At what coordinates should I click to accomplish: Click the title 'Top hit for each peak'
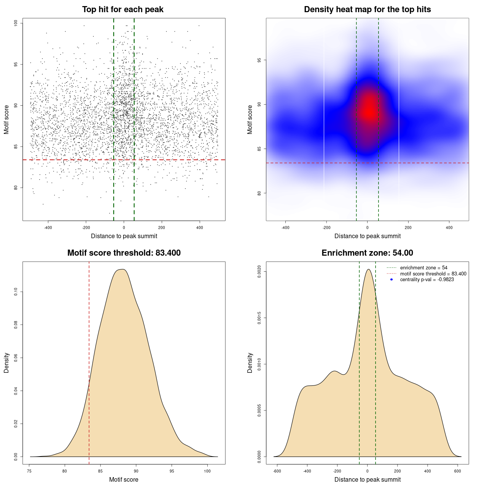tap(123, 10)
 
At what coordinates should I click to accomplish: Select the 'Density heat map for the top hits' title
tap(367, 10)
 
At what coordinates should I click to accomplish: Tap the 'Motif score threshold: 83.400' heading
tap(124, 253)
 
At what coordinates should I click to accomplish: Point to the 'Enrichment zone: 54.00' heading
tap(367, 253)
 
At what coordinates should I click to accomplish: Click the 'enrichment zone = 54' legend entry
tap(423, 268)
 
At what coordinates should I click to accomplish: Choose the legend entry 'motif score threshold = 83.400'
tap(433, 274)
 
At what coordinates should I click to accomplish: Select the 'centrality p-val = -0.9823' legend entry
tap(427, 280)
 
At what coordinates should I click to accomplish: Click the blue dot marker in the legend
tap(392, 280)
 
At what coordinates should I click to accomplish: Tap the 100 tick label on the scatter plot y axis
tap(16, 23)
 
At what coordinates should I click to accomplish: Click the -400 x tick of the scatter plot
tap(48, 228)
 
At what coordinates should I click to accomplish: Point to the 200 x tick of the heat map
tap(408, 228)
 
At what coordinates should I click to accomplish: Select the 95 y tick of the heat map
tap(259, 60)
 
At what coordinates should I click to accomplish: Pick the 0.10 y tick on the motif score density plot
tap(16, 292)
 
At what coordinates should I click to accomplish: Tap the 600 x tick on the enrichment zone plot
tap(458, 471)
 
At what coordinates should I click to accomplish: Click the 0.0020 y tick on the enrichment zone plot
tap(259, 271)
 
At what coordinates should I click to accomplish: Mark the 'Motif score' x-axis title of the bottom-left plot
tap(124, 479)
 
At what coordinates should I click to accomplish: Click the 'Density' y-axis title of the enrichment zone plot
tap(250, 363)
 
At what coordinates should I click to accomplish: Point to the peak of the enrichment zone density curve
tap(368, 269)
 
